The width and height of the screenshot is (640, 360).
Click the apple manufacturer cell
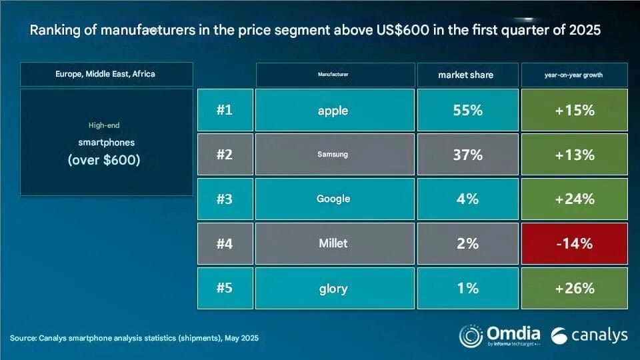(x=333, y=110)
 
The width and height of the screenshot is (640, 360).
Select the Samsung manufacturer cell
(x=333, y=155)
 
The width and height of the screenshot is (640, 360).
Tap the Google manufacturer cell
(x=333, y=199)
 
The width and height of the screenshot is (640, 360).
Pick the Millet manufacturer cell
(x=333, y=243)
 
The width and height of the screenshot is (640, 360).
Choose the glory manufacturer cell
(x=333, y=288)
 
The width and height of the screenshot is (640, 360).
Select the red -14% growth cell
(x=575, y=243)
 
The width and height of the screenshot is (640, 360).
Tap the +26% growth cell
(x=575, y=288)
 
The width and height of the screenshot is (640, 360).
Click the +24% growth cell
(x=575, y=199)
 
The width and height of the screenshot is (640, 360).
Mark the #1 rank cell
(x=225, y=110)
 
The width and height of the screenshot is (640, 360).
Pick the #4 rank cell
(x=225, y=243)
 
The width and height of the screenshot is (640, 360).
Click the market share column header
(x=466, y=75)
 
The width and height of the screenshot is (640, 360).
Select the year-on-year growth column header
(x=575, y=75)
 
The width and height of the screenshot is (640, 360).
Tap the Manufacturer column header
(x=333, y=75)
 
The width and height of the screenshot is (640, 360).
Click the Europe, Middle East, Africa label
(x=105, y=74)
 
